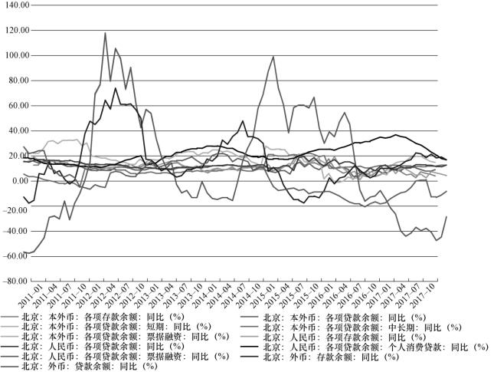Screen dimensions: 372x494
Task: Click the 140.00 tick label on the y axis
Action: click(x=16, y=5)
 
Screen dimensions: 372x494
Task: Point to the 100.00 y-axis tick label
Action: click(x=16, y=56)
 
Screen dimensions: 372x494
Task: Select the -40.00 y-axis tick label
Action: click(x=16, y=231)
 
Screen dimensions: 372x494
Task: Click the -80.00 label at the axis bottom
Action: click(x=16, y=281)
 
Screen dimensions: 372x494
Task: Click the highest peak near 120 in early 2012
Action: click(x=105, y=33)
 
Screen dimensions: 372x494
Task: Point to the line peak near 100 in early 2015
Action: click(x=273, y=56)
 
